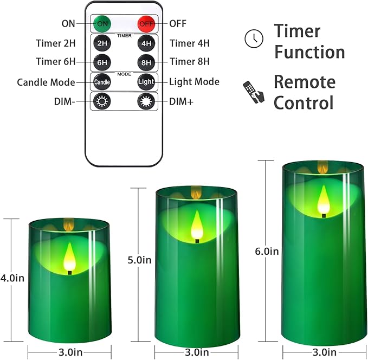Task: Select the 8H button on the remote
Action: (x=146, y=62)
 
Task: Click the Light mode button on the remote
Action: (x=146, y=82)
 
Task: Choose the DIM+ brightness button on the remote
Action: (x=146, y=101)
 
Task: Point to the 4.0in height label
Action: (x=12, y=278)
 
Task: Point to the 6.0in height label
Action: (x=266, y=251)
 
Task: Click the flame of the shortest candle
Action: (x=69, y=256)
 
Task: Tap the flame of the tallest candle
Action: (x=324, y=200)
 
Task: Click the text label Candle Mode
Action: (x=46, y=82)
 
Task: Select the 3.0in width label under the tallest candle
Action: (x=324, y=351)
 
